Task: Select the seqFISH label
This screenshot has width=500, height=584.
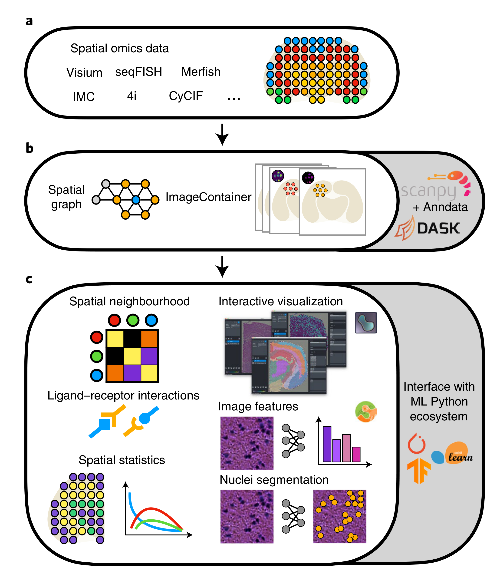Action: coord(138,72)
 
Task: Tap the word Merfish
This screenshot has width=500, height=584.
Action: coord(201,72)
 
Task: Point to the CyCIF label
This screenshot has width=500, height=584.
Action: coord(186,96)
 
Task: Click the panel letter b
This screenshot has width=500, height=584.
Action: coord(29,148)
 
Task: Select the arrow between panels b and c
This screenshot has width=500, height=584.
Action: coord(222,266)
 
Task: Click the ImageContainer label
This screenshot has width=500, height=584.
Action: coord(208,197)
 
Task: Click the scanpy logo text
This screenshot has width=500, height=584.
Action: coord(428,191)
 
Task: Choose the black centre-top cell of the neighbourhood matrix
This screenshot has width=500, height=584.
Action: coord(132,339)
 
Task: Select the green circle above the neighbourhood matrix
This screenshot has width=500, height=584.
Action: coord(133,320)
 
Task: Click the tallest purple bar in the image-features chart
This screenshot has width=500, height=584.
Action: coord(327,444)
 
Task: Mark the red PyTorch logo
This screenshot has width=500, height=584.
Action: coord(417,444)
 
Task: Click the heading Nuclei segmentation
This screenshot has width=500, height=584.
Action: coord(274,480)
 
